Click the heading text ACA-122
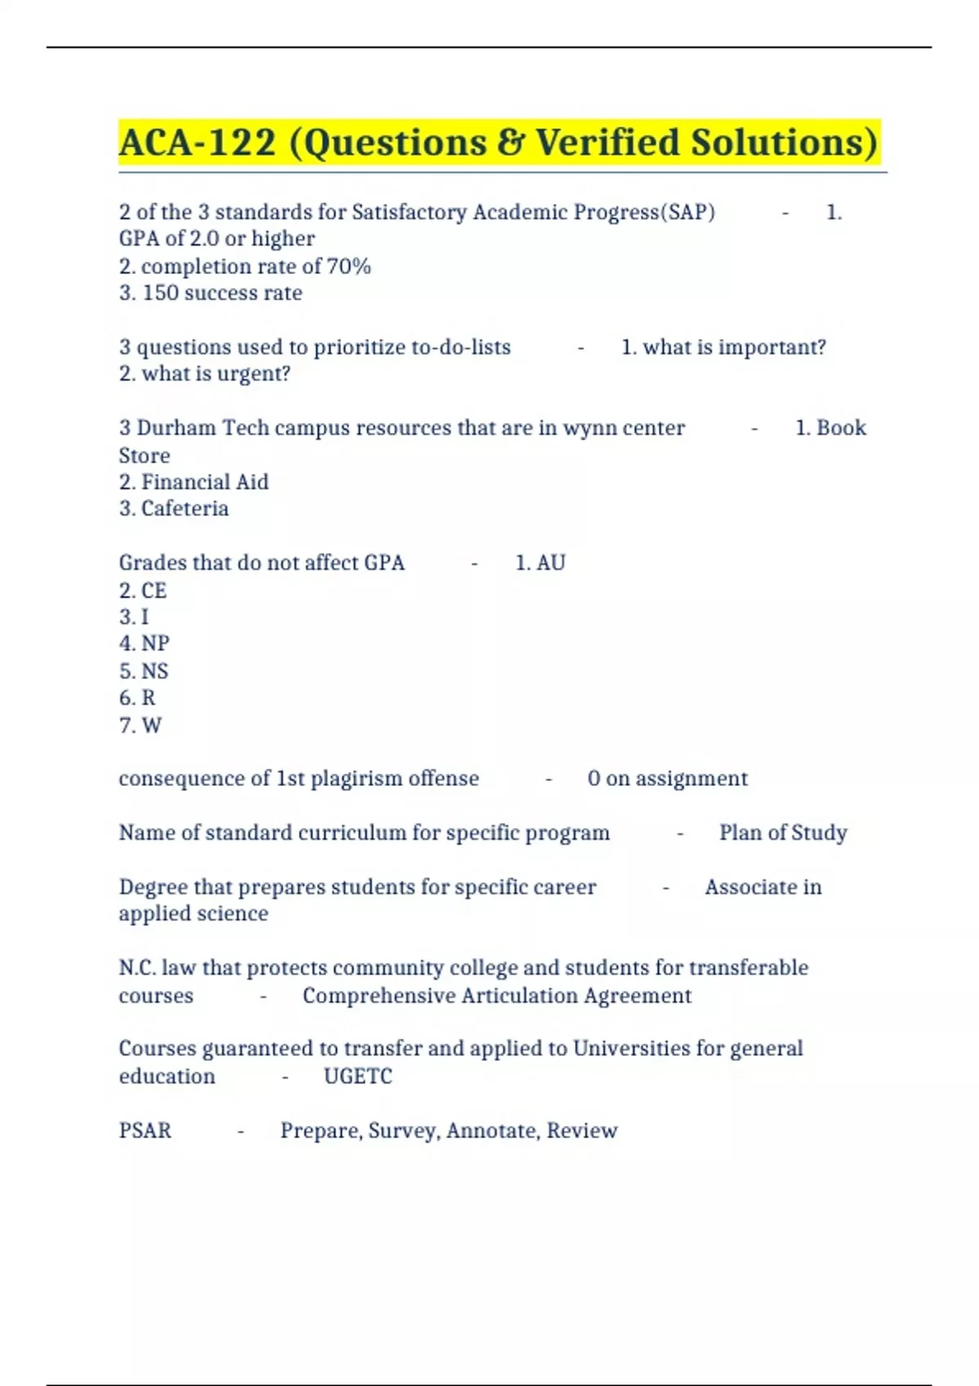197,143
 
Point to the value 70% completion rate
348,267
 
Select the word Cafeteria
185,509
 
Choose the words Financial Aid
205,482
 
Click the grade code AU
551,563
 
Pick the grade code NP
155,643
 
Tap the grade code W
152,725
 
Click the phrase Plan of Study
783,832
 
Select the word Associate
746,887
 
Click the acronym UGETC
358,1076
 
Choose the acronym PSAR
145,1131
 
